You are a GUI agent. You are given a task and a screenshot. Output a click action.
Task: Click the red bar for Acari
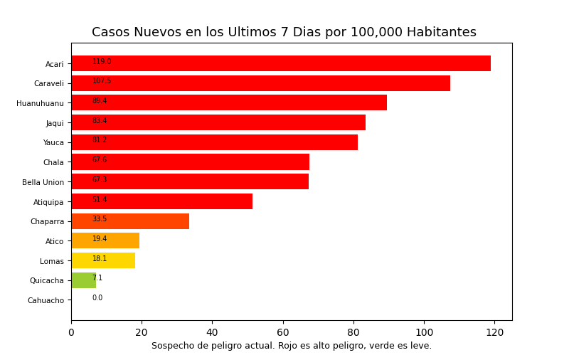(x=281, y=63)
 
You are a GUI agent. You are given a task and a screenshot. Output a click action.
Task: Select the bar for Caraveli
(x=260, y=83)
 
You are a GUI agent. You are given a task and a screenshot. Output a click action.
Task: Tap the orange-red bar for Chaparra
(x=130, y=221)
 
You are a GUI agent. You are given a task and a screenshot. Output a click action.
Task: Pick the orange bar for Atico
(x=105, y=240)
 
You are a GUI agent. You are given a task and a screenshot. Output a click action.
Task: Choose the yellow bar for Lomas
(x=103, y=260)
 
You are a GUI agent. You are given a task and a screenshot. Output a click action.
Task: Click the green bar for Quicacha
(x=83, y=280)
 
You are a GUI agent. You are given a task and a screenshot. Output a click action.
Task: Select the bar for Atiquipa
(x=161, y=201)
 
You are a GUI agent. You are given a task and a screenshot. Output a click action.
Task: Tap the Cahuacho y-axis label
(x=46, y=300)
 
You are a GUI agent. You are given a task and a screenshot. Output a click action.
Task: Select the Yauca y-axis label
(x=53, y=142)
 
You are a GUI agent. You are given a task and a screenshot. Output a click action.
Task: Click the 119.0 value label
(x=102, y=62)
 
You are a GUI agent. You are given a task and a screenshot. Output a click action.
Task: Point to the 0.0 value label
(x=97, y=298)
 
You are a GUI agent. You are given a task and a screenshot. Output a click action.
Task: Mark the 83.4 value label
(x=100, y=121)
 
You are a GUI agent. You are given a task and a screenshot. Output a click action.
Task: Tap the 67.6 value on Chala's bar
(x=100, y=160)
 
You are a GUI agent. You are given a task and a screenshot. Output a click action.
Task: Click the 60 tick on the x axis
(x=282, y=332)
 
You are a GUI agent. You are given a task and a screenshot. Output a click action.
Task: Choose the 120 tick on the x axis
(x=494, y=332)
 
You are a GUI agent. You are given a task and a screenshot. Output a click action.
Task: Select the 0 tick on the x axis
(x=71, y=332)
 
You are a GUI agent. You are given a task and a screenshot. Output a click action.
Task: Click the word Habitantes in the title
(x=442, y=33)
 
